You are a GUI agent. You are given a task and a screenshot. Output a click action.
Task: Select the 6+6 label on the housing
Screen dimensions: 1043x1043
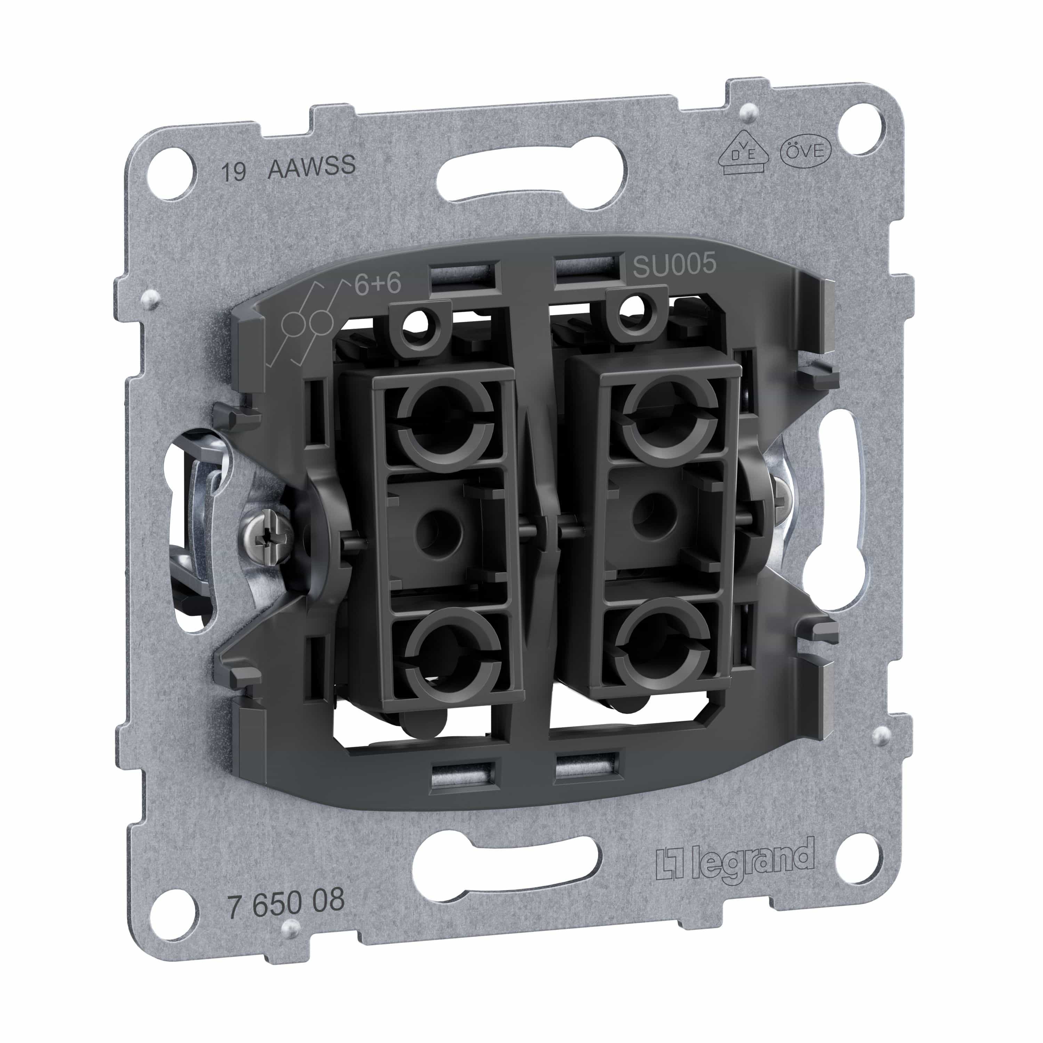[377, 284]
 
